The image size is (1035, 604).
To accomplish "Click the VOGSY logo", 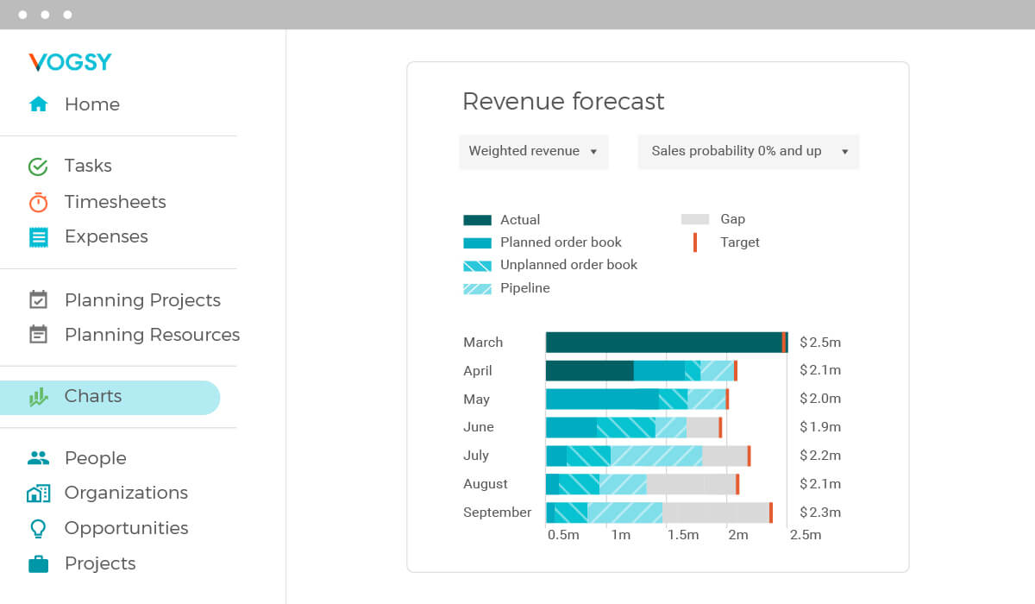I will [70, 62].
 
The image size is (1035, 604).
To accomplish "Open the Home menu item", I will [91, 104].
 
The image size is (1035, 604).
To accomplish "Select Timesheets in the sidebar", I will [115, 202].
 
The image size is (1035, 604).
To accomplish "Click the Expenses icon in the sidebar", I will [38, 237].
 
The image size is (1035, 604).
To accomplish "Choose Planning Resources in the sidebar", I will [152, 335].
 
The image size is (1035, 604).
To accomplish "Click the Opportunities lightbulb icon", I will [38, 528].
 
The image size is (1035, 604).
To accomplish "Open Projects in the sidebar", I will [100, 563].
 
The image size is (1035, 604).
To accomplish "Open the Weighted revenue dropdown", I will [533, 152].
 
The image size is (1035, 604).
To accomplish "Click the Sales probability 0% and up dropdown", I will [748, 152].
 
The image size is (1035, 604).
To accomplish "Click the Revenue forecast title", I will [563, 102].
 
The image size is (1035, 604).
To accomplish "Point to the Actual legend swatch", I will [477, 220].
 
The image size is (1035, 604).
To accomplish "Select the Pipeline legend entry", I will [524, 288].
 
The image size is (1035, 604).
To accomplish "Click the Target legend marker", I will [695, 242].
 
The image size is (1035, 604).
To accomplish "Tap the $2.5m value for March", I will [819, 343].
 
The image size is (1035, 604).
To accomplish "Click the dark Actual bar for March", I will [664, 343].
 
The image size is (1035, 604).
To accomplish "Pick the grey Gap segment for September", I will [715, 513].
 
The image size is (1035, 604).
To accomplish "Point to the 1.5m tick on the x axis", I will [682, 535].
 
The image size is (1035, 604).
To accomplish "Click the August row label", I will [485, 484].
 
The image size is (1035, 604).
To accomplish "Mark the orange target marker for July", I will [749, 456].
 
